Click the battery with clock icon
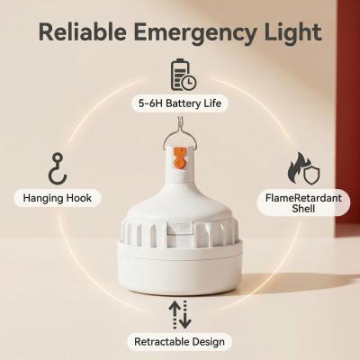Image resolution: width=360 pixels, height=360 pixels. point(183,74)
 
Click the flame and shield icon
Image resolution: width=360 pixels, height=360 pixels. point(301,168)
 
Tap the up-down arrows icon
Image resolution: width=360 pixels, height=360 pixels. point(181,313)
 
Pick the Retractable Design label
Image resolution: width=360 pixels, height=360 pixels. point(181,342)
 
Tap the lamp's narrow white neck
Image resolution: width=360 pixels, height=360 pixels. point(180,184)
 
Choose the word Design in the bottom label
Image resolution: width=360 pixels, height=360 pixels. point(209,342)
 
